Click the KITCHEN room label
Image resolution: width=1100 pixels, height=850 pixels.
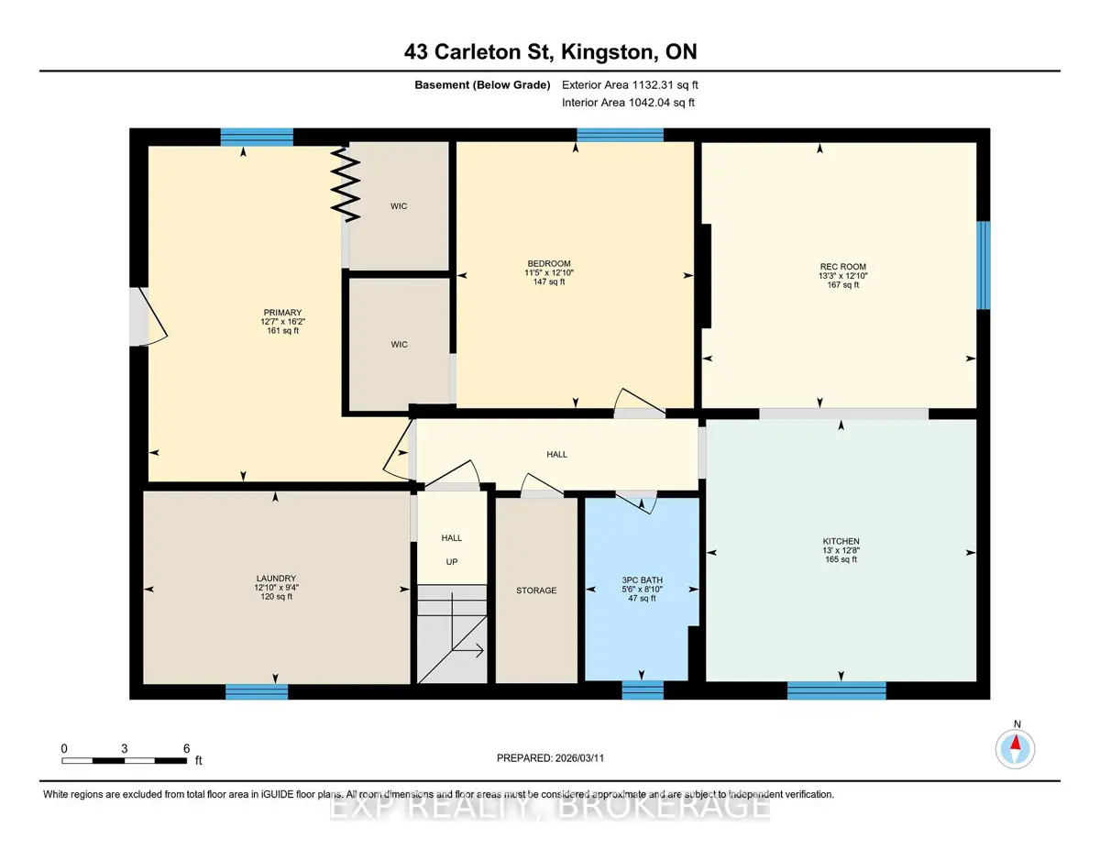[x=841, y=541]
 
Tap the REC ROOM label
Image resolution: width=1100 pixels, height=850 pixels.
[x=842, y=266]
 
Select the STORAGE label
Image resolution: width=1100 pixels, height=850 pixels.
[x=536, y=591]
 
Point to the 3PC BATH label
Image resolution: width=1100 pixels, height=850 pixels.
[x=642, y=580]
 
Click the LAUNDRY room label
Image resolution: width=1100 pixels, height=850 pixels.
[x=276, y=579]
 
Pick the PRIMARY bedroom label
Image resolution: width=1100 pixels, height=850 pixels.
[x=282, y=313]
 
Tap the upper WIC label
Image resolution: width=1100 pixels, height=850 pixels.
[x=399, y=206]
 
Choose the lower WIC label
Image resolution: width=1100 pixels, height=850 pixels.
[x=399, y=344]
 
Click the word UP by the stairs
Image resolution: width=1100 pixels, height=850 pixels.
[x=452, y=561]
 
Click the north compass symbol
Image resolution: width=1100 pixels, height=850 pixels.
[x=1016, y=749]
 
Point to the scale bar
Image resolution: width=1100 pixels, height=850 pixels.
[x=125, y=760]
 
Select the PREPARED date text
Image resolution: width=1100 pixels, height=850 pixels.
[x=550, y=758]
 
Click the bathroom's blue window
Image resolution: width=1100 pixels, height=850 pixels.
[x=643, y=690]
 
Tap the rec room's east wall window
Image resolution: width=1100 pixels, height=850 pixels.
[x=983, y=265]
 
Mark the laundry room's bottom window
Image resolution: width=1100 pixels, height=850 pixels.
[x=257, y=691]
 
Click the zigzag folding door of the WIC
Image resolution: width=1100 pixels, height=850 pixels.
[x=346, y=184]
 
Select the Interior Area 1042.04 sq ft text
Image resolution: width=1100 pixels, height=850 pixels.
[x=628, y=103]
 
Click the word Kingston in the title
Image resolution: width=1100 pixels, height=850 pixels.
[x=607, y=51]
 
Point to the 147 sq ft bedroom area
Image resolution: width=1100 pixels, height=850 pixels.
[x=549, y=281]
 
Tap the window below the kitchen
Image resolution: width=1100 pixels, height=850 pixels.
[x=836, y=690]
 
